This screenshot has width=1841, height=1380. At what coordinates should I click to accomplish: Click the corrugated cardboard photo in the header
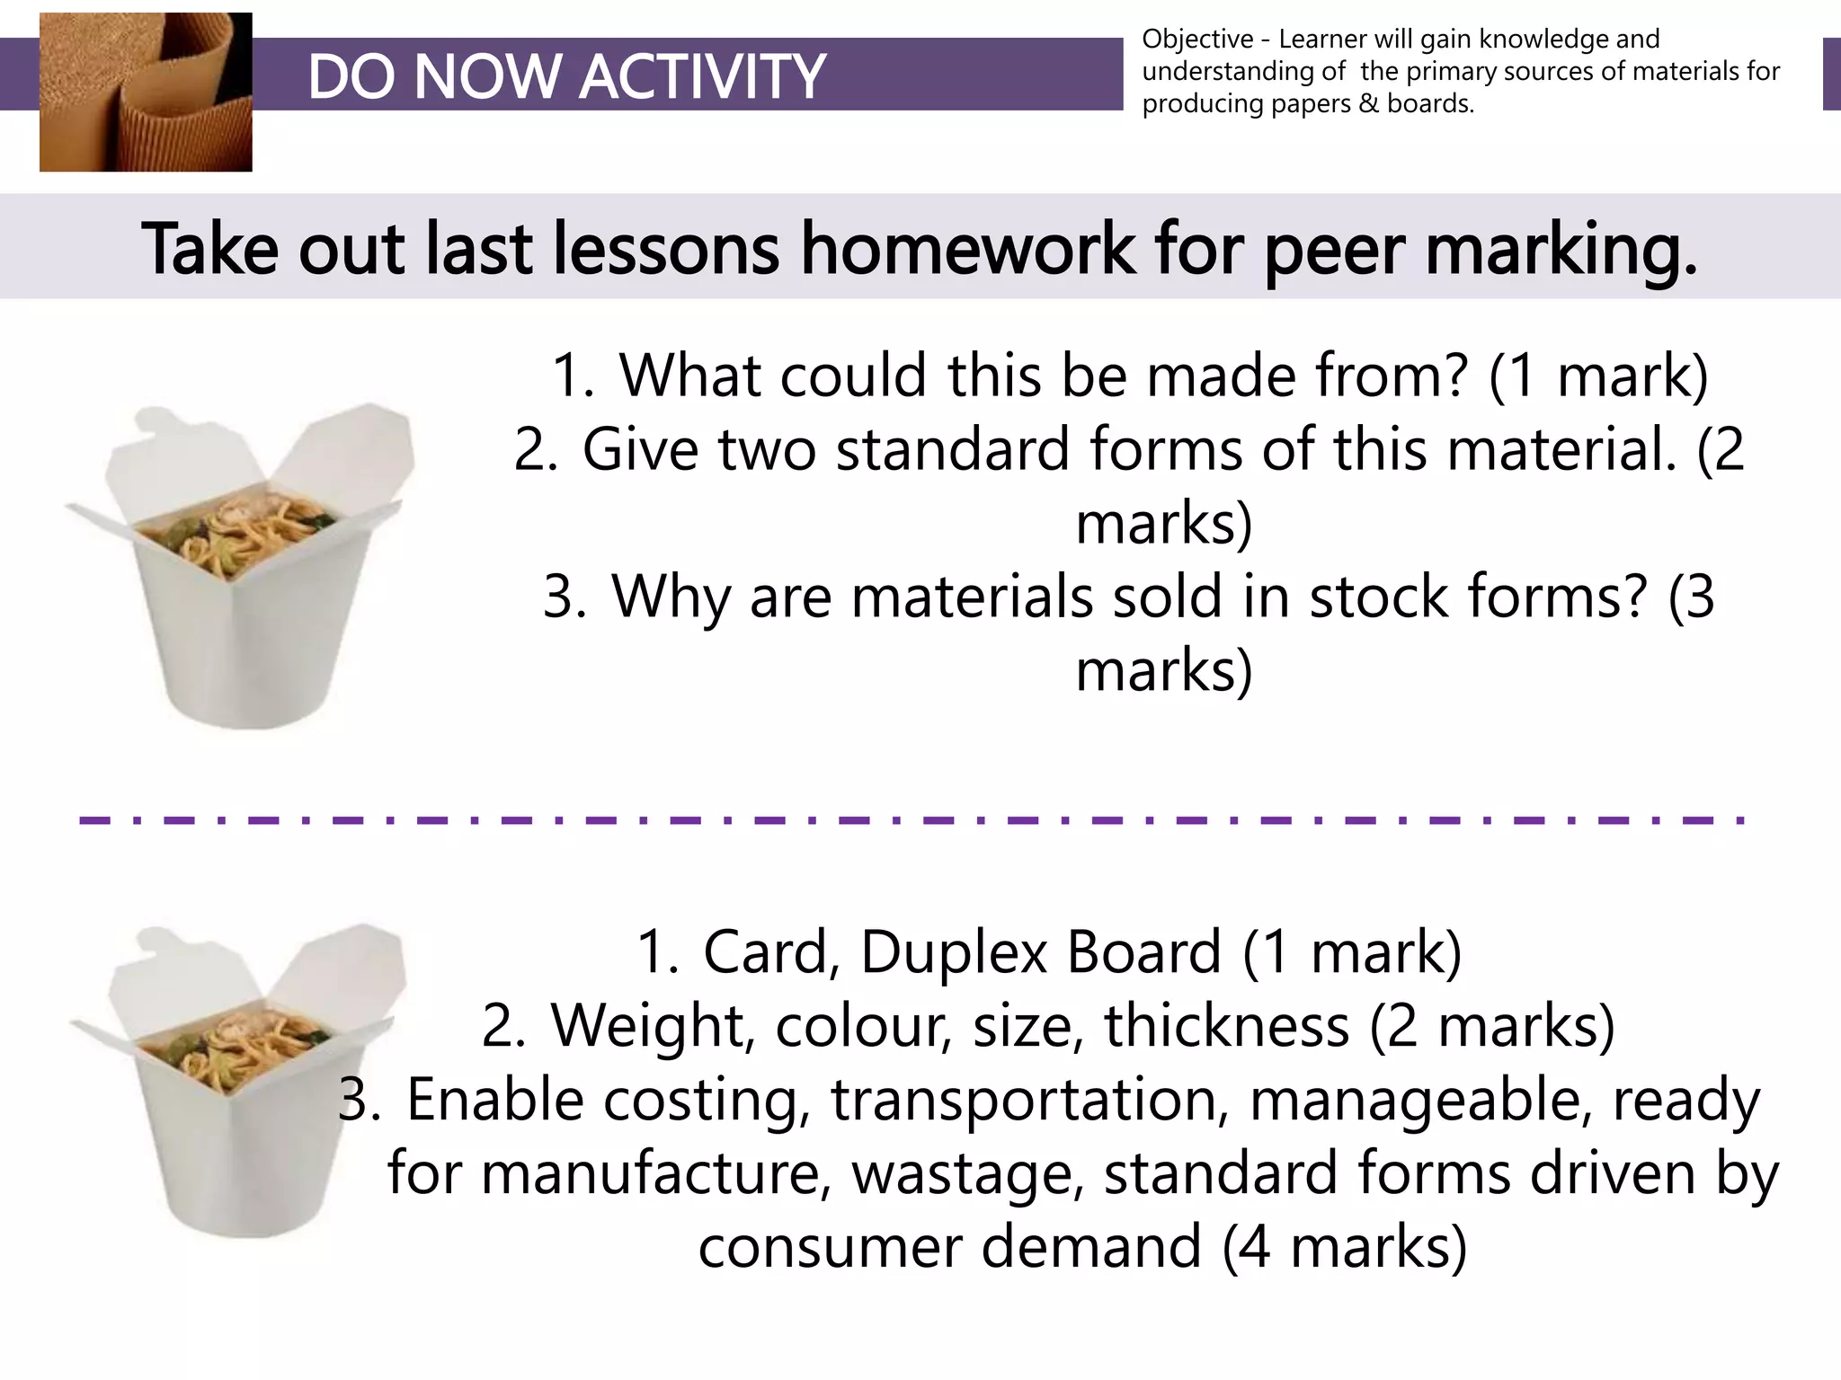[146, 92]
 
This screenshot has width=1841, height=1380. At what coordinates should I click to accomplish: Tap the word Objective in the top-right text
[1197, 40]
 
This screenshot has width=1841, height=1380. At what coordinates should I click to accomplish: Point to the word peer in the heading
[1334, 250]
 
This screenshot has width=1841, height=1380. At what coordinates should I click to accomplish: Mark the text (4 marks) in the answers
[1344, 1248]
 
